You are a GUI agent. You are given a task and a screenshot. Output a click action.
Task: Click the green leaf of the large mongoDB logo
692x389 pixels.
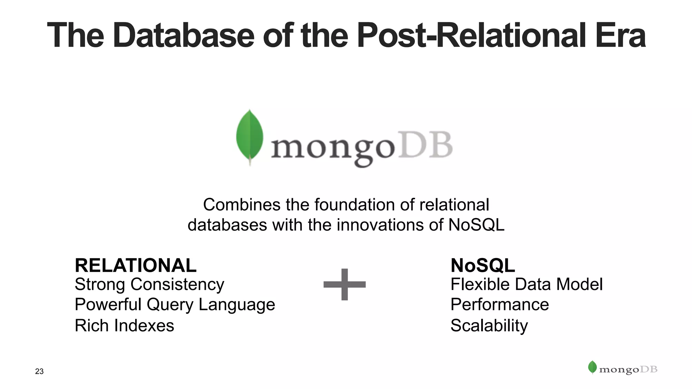point(250,137)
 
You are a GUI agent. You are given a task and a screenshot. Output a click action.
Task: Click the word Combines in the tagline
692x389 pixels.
point(242,205)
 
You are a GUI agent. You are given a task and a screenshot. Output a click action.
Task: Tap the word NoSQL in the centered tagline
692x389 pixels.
point(476,225)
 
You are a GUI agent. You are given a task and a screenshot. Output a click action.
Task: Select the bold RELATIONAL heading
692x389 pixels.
point(135,265)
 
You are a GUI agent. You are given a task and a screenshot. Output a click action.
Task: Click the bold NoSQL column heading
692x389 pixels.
point(483,265)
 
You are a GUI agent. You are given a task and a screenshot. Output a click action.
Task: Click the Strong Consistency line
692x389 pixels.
point(149,284)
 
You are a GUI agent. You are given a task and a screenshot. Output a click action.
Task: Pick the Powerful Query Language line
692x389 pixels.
point(175,305)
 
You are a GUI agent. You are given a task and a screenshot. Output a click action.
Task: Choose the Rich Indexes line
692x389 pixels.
point(124,326)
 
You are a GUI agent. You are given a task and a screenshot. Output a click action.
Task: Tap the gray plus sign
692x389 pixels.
point(344,284)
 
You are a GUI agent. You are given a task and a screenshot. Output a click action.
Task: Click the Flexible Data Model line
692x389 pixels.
point(526,284)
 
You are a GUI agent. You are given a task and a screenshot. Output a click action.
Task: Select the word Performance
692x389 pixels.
point(499,305)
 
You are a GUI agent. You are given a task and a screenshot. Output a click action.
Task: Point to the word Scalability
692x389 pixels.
point(489,326)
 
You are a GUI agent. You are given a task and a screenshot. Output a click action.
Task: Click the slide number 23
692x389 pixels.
point(39,371)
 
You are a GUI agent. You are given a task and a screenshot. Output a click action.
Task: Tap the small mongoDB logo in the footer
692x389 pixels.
point(623,369)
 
